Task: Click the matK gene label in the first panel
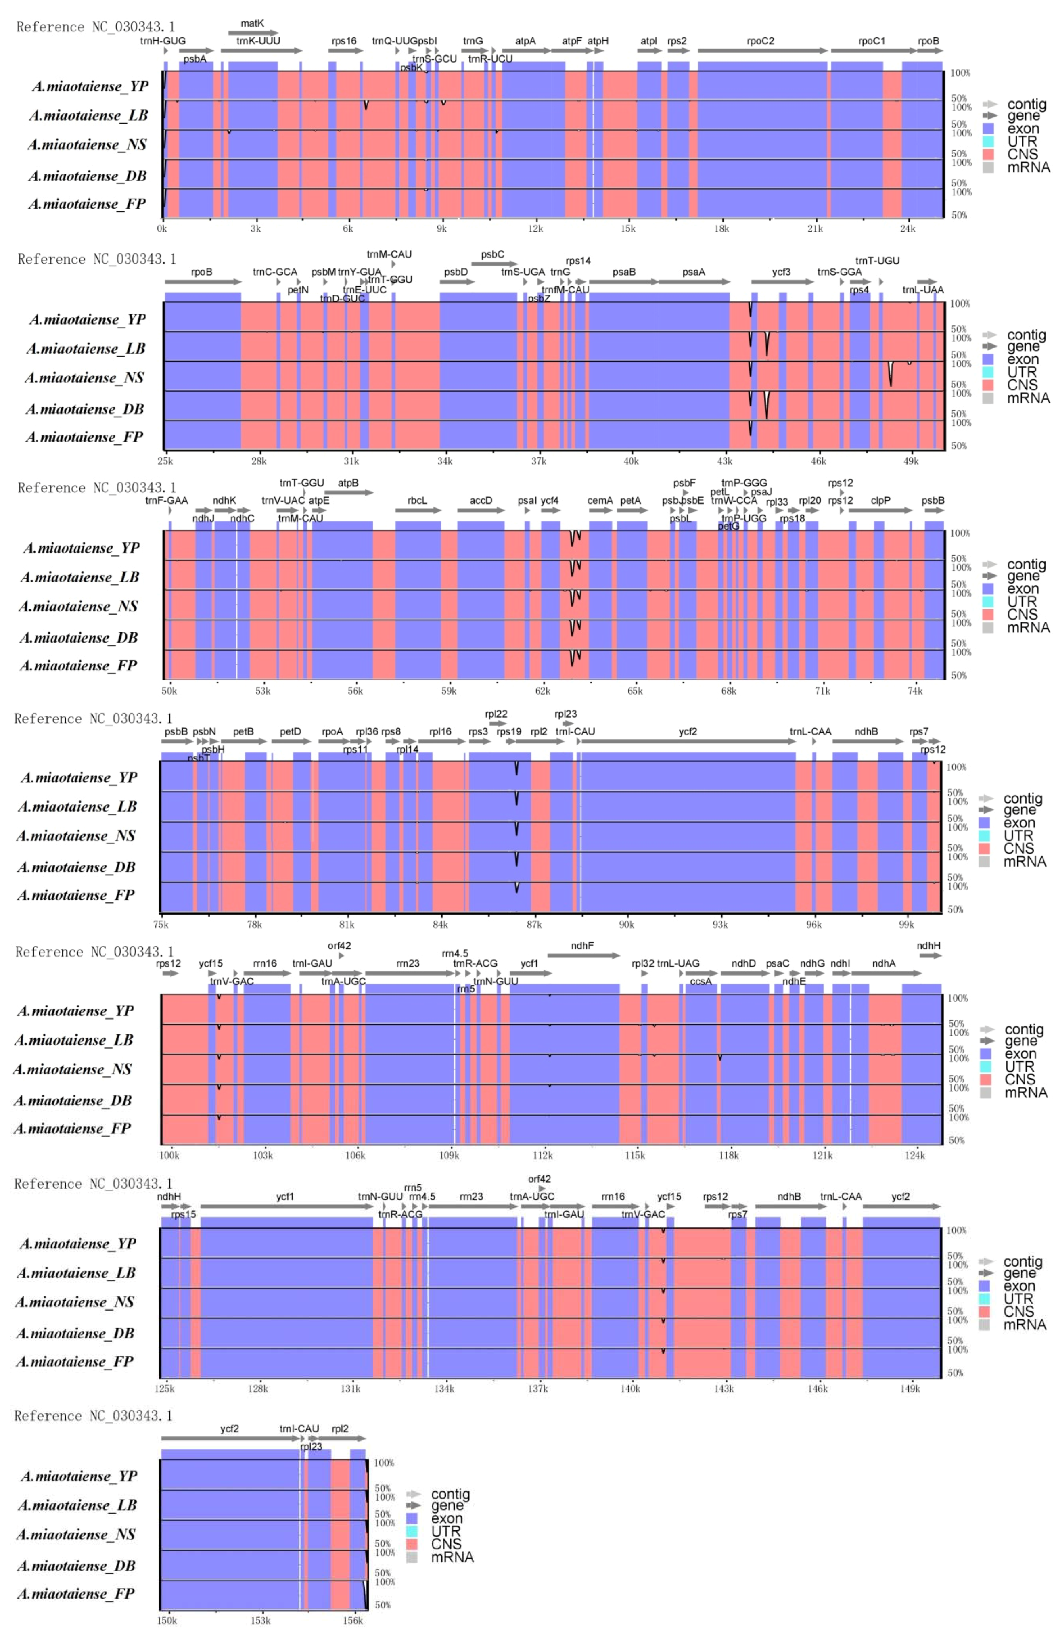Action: pos(252,23)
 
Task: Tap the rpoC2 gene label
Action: pos(761,41)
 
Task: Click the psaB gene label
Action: pos(623,272)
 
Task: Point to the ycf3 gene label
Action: pos(781,272)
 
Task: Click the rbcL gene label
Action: pos(417,500)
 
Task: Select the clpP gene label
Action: pos(880,500)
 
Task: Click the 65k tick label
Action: pos(635,691)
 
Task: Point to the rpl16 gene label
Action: pos(440,732)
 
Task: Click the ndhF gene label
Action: pos(582,946)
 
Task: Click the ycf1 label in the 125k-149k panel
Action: pos(285,1196)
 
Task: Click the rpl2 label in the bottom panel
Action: pos(340,1429)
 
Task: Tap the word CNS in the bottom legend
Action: pos(446,1544)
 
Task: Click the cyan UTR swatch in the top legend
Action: pos(988,141)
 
